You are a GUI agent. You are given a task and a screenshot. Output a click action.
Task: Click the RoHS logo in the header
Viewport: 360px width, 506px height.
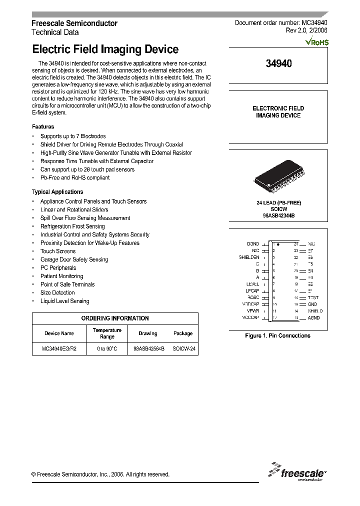(x=317, y=42)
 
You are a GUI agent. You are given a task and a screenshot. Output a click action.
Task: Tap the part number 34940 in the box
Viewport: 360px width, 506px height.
(x=278, y=63)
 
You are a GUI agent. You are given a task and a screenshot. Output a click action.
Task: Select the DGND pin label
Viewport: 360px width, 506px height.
(x=253, y=243)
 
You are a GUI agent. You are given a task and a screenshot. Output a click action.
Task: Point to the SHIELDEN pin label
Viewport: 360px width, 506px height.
(x=249, y=257)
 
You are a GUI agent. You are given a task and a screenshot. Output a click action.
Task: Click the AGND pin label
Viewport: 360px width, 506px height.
(x=313, y=317)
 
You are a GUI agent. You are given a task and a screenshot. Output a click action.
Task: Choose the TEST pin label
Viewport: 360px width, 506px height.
(x=313, y=297)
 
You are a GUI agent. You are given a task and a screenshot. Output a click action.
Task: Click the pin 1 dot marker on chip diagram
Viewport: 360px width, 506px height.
(x=278, y=243)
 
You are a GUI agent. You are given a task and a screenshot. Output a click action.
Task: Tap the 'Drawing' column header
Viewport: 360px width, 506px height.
(x=147, y=333)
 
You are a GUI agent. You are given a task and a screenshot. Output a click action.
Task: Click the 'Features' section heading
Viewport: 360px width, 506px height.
(x=43, y=127)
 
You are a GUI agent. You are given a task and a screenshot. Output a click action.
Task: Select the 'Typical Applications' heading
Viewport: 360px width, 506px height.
(x=57, y=192)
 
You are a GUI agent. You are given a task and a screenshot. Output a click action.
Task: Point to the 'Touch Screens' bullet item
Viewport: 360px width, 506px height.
(x=58, y=251)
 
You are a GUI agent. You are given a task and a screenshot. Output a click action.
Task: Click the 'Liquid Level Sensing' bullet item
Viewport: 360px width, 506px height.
(x=65, y=301)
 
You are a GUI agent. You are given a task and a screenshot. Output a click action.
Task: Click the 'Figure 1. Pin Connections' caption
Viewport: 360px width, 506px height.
(x=277, y=335)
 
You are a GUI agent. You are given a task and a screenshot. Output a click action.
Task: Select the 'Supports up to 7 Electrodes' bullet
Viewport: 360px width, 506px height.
(x=73, y=136)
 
